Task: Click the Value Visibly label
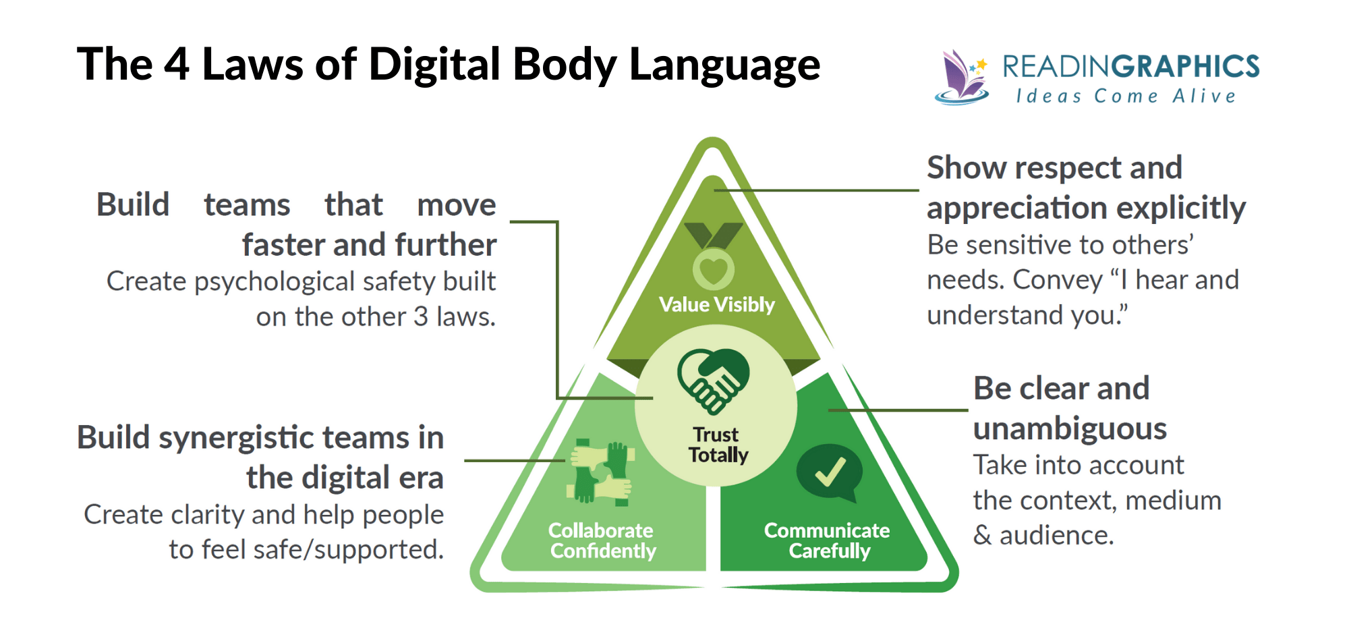(x=717, y=305)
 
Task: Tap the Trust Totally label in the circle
(x=718, y=445)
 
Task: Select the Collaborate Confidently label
(x=602, y=540)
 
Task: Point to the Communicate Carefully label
(x=828, y=540)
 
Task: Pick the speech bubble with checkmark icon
(x=830, y=472)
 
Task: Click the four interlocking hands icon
(x=602, y=472)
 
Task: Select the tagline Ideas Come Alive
(x=1126, y=96)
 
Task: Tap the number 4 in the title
(x=177, y=65)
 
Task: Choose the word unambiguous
(x=1070, y=428)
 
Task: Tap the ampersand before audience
(x=982, y=536)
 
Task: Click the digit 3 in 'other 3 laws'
(x=421, y=317)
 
